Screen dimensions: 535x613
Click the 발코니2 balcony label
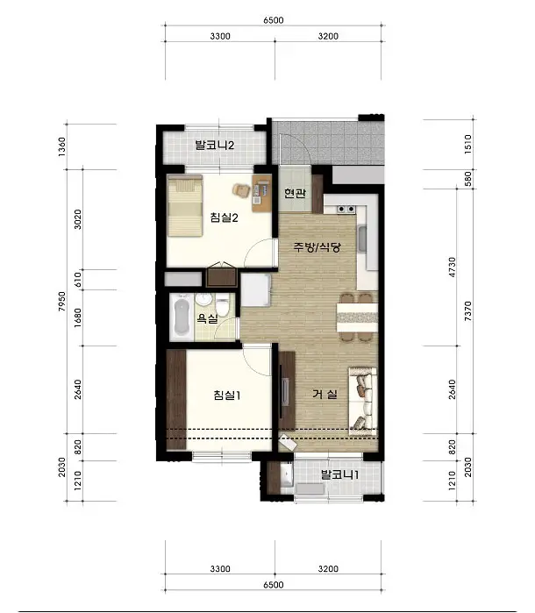215,146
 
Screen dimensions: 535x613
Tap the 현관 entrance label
295,193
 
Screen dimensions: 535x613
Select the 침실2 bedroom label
225,217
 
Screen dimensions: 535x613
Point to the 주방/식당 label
317,247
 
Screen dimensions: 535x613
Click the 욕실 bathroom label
207,318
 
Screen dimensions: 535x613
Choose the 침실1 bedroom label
227,396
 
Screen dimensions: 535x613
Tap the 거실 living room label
325,394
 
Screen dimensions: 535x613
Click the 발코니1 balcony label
339,475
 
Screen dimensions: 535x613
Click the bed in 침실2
185,205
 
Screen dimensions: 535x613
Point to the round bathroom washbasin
203,299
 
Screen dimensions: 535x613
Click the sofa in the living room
362,401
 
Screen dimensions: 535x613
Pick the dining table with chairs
357,317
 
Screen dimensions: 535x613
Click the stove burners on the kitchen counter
346,209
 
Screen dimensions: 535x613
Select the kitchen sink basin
361,239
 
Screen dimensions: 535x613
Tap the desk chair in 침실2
241,190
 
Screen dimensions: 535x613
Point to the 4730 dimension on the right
452,267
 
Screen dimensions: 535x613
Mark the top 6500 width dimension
274,20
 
